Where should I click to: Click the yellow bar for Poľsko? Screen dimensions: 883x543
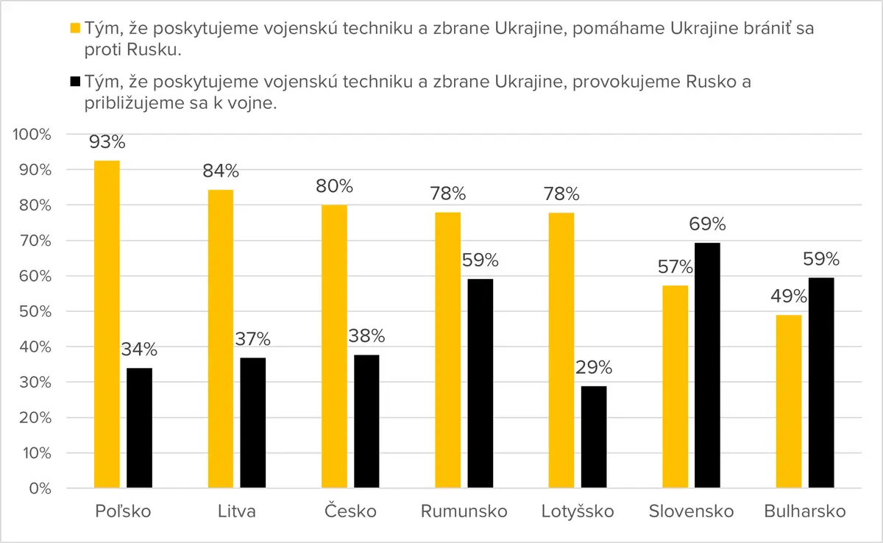(107, 324)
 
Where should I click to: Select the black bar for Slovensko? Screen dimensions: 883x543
(707, 365)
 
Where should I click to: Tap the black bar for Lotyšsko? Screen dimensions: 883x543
(594, 437)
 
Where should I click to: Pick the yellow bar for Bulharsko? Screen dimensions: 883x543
(789, 402)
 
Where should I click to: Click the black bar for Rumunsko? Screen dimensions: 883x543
(480, 383)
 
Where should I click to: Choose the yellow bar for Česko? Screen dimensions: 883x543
(334, 347)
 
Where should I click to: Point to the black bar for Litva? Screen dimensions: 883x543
(252, 423)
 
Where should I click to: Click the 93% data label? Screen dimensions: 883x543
(107, 142)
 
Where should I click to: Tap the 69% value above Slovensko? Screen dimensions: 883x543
(707, 224)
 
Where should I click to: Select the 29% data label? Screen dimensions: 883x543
(594, 368)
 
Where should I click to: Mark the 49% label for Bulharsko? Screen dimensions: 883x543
(789, 297)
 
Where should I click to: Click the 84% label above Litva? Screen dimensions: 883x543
(221, 171)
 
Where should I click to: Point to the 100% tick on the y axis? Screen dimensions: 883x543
(32, 135)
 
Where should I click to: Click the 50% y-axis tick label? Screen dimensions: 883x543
(35, 312)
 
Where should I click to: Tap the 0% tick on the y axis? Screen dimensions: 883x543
(40, 489)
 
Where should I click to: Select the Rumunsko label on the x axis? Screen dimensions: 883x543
(464, 511)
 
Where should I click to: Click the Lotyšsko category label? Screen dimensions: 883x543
(578, 511)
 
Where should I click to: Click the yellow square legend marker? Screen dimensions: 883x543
(75, 28)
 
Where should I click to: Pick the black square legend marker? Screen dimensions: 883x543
(75, 82)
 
